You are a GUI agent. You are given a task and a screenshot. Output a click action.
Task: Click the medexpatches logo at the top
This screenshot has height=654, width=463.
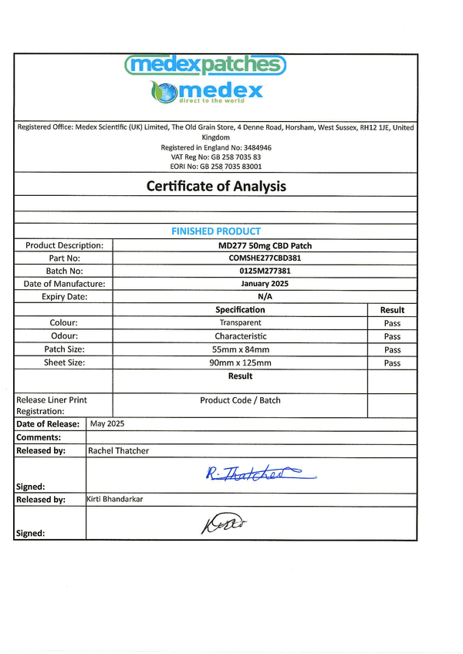(x=205, y=65)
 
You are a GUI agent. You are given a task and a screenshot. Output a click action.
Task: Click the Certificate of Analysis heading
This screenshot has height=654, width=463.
(x=216, y=186)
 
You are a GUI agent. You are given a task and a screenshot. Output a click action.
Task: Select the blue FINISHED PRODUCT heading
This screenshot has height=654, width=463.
(x=216, y=231)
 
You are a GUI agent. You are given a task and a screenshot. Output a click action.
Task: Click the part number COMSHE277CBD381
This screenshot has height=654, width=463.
(x=240, y=258)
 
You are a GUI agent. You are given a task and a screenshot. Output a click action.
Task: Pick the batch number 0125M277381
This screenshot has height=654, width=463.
(x=240, y=271)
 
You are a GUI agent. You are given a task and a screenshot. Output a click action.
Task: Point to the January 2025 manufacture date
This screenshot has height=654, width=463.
(x=240, y=284)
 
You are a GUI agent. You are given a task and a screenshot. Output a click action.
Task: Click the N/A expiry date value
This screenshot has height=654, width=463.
(x=240, y=296)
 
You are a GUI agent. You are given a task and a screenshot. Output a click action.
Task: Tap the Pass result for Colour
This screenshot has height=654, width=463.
(x=392, y=323)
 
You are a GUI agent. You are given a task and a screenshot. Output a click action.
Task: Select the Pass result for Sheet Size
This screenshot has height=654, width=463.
(x=392, y=362)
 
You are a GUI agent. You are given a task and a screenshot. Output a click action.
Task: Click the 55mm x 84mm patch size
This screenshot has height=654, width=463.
(x=240, y=349)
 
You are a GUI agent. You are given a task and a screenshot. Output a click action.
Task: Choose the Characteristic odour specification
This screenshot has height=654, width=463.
(x=240, y=336)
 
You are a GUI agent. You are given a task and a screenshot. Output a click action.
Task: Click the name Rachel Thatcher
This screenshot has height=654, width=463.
(x=119, y=450)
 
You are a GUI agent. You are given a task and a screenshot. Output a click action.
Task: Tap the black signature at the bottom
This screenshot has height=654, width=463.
(x=223, y=524)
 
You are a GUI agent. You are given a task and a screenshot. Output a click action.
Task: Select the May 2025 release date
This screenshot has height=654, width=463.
(x=107, y=424)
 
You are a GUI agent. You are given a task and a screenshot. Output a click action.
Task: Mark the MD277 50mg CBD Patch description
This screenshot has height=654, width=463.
(x=240, y=245)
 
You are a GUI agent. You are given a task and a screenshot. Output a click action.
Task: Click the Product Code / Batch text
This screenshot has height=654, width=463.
(x=240, y=400)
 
